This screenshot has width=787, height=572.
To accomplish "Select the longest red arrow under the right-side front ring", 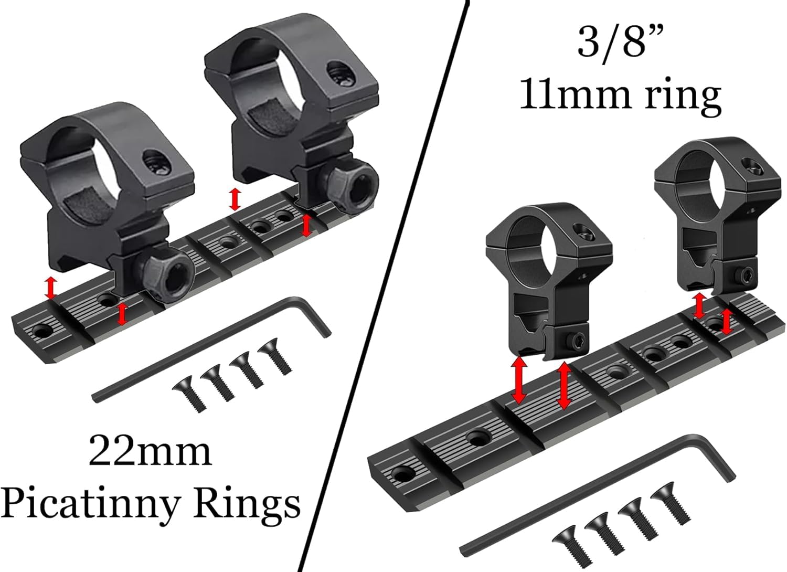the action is coord(564,386).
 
